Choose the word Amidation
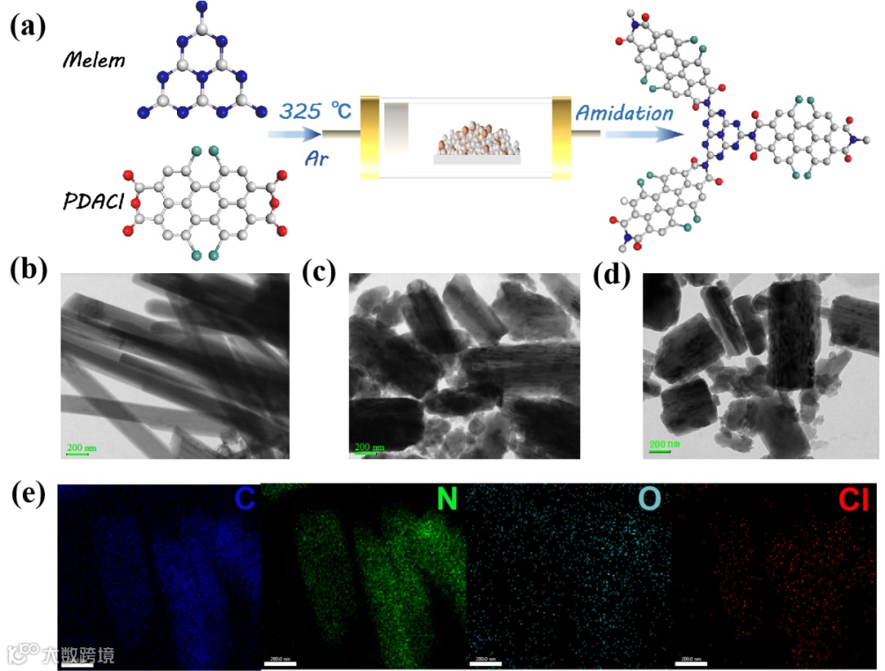[x=624, y=113]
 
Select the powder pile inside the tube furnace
[x=478, y=139]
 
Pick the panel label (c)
[x=320, y=272]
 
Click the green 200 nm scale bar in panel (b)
[x=80, y=450]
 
